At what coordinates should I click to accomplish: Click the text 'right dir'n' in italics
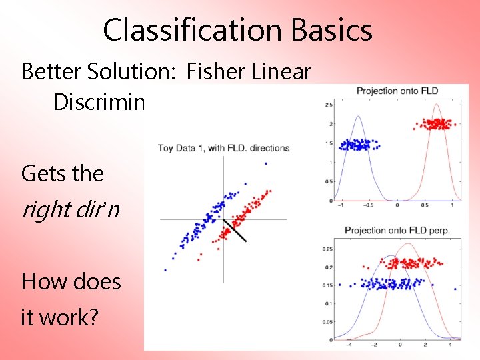(x=71, y=209)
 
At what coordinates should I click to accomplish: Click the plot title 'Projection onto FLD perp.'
(x=397, y=231)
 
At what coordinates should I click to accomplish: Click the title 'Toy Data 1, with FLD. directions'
(x=223, y=147)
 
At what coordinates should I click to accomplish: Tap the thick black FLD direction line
(x=235, y=229)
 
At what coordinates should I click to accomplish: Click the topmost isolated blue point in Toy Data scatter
(x=266, y=163)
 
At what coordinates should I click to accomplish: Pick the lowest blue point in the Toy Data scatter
(x=165, y=270)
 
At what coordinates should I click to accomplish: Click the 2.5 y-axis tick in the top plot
(x=329, y=105)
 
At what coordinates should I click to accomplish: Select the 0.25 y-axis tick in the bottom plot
(x=327, y=249)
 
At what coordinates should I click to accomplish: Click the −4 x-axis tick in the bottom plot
(x=349, y=345)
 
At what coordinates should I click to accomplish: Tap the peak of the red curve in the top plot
(x=437, y=104)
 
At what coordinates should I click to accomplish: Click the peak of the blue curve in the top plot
(x=358, y=117)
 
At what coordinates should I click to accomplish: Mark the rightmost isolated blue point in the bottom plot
(x=455, y=289)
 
